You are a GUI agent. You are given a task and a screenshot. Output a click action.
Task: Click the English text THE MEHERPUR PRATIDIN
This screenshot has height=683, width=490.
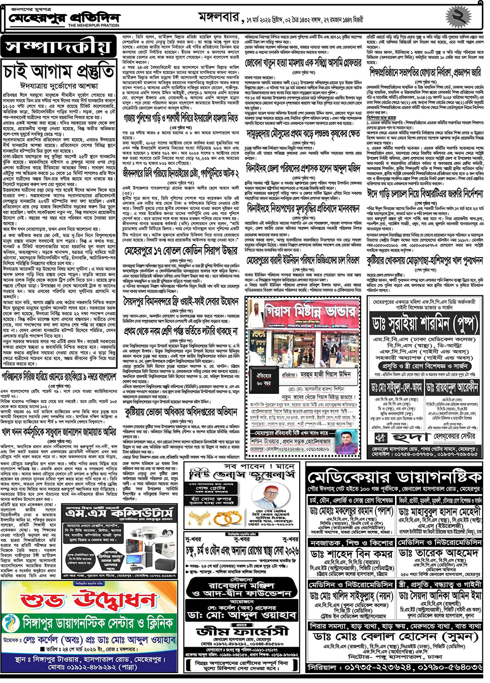pyautogui.click(x=94, y=26)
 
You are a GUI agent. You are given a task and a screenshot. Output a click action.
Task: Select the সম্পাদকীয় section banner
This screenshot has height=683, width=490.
pyautogui.click(x=58, y=47)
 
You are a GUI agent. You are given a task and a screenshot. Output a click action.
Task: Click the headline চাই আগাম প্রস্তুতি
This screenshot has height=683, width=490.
pyautogui.click(x=59, y=72)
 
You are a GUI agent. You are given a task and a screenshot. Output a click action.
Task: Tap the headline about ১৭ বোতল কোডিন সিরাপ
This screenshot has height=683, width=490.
pyautogui.click(x=181, y=251)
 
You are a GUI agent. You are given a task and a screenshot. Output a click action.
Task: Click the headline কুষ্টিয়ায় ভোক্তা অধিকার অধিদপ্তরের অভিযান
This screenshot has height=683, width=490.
pyautogui.click(x=181, y=412)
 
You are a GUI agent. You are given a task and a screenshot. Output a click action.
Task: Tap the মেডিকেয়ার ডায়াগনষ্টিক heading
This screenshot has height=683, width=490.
pyautogui.click(x=394, y=478)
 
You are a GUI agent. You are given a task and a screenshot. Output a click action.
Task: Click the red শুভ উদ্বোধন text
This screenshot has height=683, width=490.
pyautogui.click(x=89, y=601)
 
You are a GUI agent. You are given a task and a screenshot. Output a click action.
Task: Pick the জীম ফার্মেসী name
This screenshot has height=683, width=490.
pyautogui.click(x=243, y=631)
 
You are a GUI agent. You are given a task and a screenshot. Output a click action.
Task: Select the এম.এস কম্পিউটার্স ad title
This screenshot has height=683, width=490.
pyautogui.click(x=119, y=513)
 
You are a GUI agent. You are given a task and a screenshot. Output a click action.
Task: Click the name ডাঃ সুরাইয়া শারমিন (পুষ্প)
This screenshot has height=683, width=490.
pyautogui.click(x=425, y=324)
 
